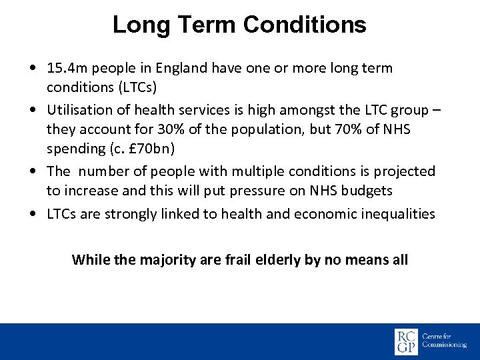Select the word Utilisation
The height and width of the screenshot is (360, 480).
click(80, 110)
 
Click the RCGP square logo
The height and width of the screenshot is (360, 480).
click(406, 341)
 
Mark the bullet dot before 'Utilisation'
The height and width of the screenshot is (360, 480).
click(33, 110)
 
